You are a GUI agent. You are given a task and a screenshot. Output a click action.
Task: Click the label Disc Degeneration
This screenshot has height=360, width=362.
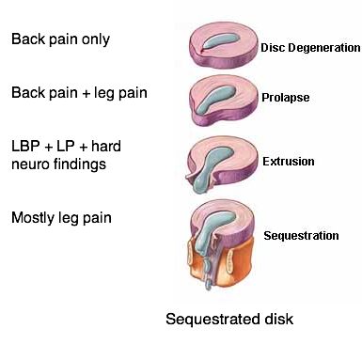310,47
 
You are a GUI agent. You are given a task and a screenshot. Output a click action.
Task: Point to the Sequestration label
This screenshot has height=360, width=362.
301,235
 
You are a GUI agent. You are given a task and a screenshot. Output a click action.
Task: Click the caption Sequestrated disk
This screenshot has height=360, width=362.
229,320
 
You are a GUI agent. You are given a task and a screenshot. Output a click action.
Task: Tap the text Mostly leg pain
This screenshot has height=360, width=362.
60,218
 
